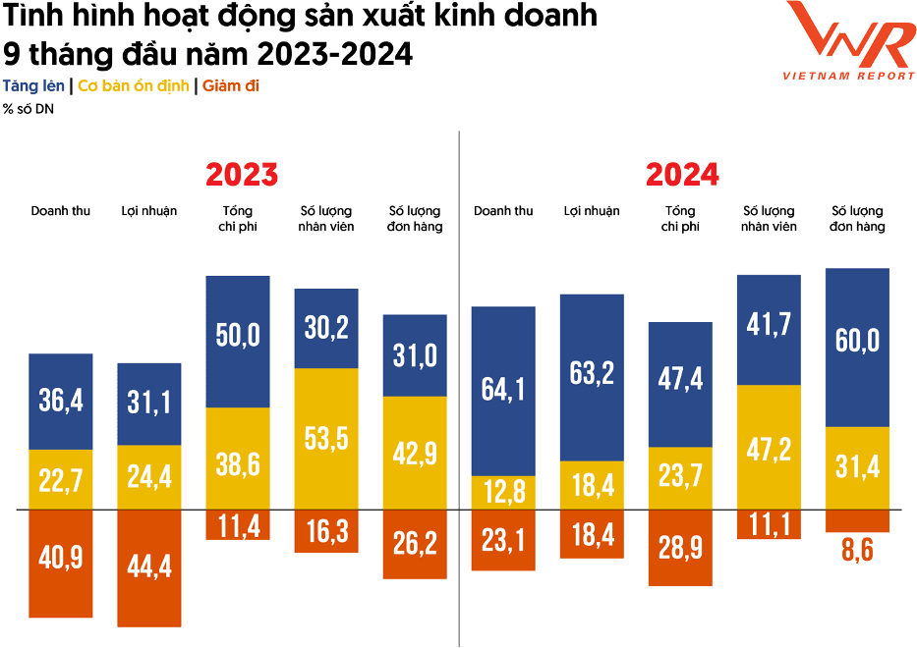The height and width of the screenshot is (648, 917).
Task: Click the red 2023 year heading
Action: (242, 175)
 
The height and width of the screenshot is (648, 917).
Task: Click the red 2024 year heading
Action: (682, 175)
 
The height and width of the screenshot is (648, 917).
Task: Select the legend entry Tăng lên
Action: (33, 86)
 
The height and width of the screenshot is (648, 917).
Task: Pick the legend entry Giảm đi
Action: (231, 86)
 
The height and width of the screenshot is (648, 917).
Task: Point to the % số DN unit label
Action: (29, 109)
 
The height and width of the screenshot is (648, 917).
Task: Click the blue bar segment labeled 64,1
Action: (503, 390)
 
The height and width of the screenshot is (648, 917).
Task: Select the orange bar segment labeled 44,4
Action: (148, 567)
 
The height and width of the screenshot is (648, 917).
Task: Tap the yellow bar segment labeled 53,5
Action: (326, 439)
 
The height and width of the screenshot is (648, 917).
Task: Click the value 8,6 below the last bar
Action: (857, 550)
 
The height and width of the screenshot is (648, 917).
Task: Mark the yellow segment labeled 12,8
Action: (503, 493)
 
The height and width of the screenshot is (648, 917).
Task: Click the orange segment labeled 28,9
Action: (680, 548)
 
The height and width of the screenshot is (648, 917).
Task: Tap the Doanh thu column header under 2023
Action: (60, 211)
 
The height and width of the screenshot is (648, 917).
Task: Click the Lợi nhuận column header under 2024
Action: (592, 211)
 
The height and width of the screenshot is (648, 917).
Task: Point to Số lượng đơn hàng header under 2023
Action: (415, 219)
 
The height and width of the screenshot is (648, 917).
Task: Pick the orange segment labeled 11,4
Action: (237, 525)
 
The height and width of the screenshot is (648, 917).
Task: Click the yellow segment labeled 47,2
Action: (769, 447)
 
